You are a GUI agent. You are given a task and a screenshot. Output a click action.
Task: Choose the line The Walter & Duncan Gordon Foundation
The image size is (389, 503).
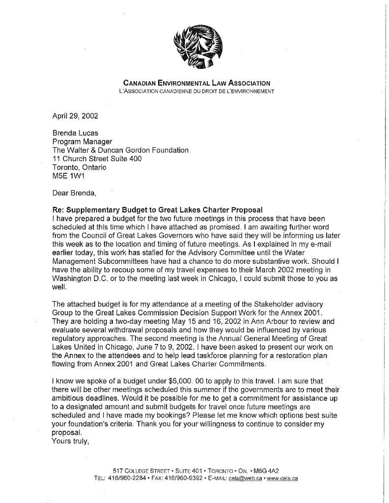click(x=120, y=150)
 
